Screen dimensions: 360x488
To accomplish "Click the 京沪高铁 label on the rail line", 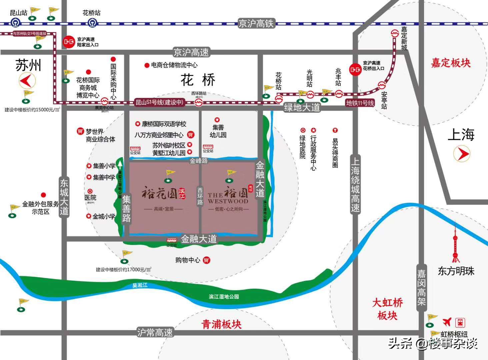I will pos(256,23).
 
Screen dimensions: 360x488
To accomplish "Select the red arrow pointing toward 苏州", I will pos(27,80).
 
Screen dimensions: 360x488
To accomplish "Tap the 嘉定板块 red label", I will pos(451,63).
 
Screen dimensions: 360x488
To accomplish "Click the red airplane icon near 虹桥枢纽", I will pos(447,322).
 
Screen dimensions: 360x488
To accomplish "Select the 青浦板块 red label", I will pos(222,324).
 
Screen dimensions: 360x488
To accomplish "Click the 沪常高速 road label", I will pos(155,332).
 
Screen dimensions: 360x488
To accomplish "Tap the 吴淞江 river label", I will pos(140,285).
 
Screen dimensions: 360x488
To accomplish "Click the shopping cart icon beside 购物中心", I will pos(207,260).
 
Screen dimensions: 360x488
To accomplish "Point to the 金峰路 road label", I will pos(199,161).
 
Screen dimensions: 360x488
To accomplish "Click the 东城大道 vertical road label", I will pos(64,197).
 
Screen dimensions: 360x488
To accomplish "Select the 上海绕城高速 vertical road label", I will pos(355,184).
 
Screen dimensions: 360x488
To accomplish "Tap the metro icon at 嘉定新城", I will pos(395,33).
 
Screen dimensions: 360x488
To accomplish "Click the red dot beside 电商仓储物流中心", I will pos(147,65).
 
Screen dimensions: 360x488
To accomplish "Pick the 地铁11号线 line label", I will pos(360,103).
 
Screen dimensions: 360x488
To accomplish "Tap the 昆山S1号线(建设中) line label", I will pos(160,102).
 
